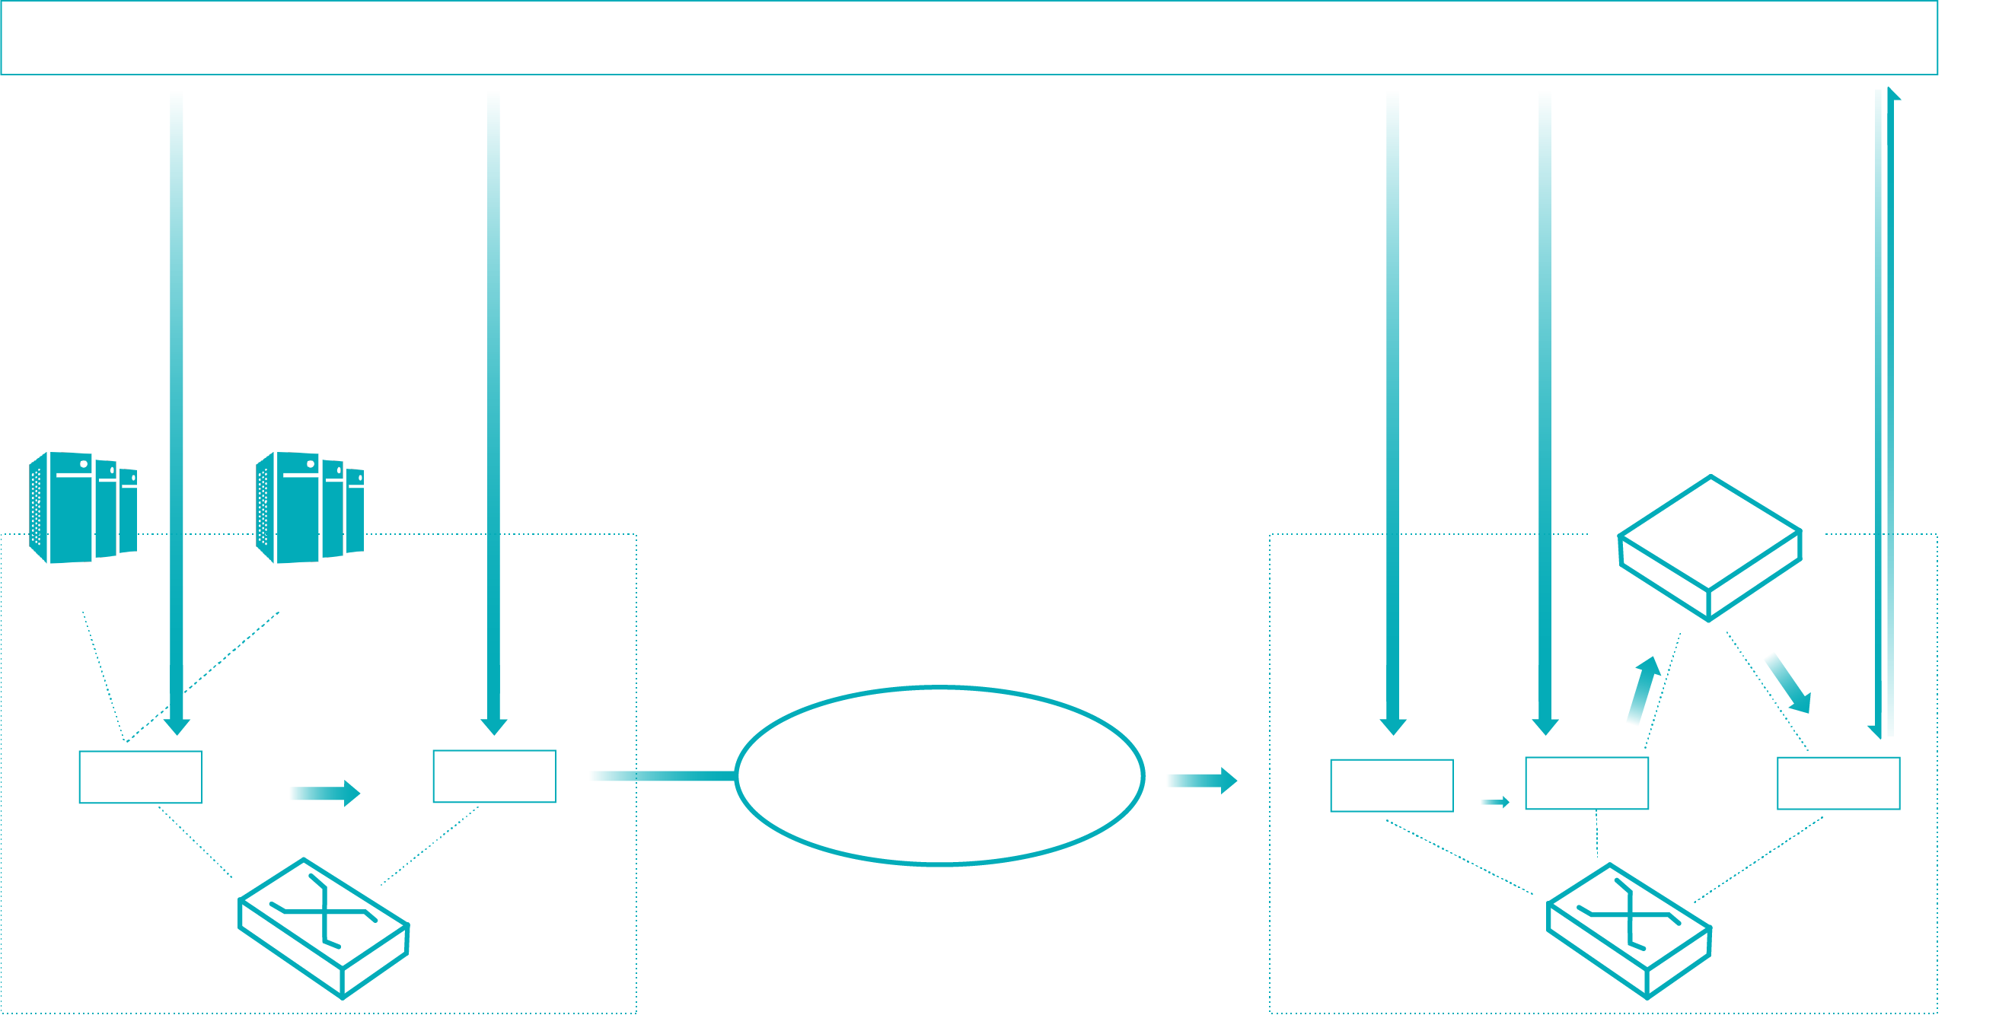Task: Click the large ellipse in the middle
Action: click(939, 776)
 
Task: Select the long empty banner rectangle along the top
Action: click(968, 37)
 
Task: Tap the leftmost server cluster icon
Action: click(83, 507)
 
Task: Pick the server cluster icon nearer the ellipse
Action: click(310, 507)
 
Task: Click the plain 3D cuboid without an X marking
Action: click(1710, 547)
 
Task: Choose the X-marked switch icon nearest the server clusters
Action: click(324, 928)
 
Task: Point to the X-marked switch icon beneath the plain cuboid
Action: click(1629, 931)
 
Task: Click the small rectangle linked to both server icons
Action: click(140, 777)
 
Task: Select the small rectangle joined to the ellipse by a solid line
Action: click(494, 776)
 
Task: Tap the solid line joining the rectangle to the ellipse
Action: click(661, 776)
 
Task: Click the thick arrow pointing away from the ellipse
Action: click(1200, 781)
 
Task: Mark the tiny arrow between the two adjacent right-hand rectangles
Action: click(1495, 801)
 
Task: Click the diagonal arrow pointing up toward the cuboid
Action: click(1643, 689)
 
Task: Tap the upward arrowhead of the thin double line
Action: click(1894, 94)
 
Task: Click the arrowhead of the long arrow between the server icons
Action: click(177, 726)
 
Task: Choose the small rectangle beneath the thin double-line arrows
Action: click(1838, 783)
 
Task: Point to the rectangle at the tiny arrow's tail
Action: click(1392, 785)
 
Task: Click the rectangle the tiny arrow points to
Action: click(1586, 783)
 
